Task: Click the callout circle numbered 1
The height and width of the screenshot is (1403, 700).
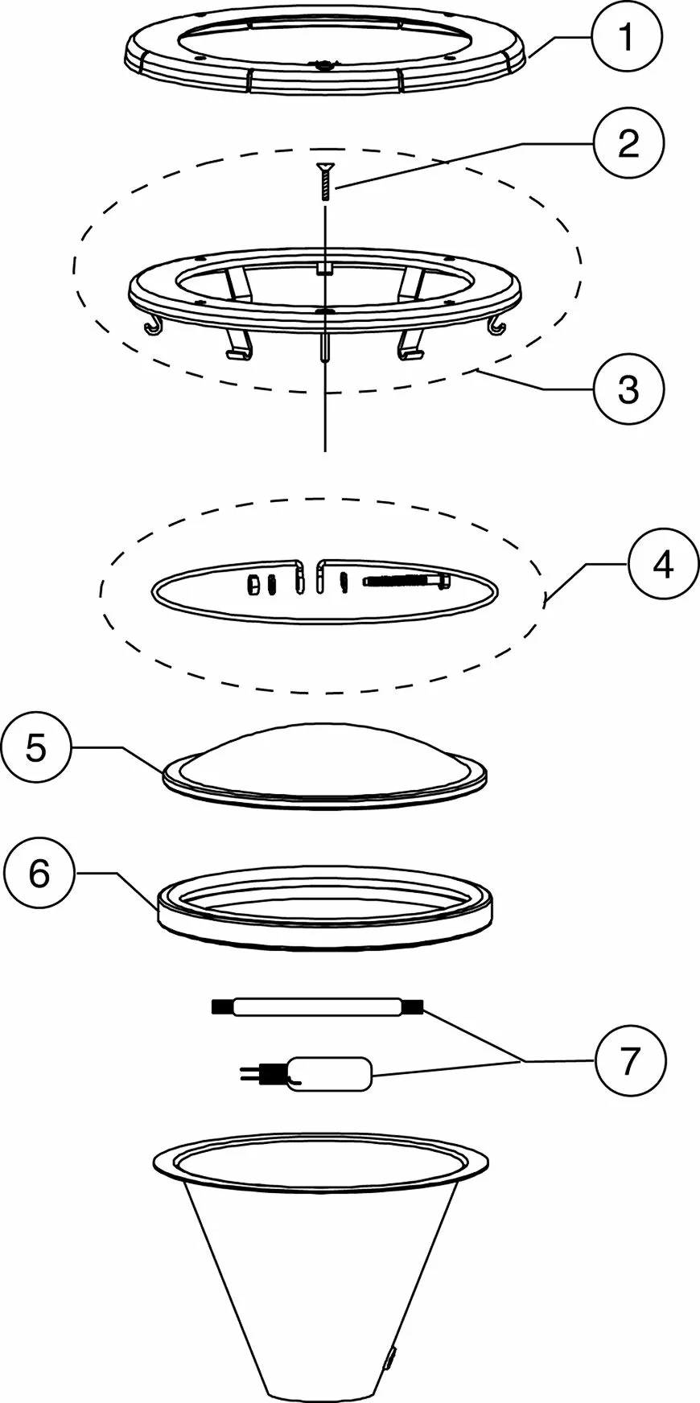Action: click(627, 39)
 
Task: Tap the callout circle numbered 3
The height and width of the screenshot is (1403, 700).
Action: click(627, 389)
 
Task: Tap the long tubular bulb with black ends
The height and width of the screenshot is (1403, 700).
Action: click(318, 1006)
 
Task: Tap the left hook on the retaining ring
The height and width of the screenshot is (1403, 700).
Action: click(153, 326)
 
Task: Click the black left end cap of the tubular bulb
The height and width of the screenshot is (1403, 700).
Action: click(220, 1006)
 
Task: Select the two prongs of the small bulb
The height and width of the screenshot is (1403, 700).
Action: click(252, 1072)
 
